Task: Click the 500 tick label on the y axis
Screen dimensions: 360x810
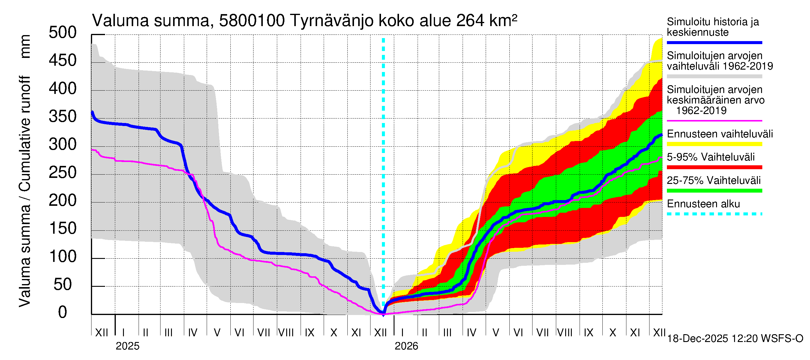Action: (x=63, y=33)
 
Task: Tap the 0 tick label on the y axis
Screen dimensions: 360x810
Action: (x=63, y=313)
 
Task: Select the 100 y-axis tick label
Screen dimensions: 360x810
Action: (x=63, y=256)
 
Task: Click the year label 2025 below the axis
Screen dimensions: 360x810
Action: (x=127, y=346)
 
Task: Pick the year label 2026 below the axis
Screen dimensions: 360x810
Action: (x=406, y=346)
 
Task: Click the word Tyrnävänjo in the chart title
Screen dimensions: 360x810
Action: (x=332, y=21)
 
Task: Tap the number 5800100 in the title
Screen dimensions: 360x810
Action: (x=252, y=21)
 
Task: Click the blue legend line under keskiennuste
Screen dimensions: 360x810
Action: (x=714, y=42)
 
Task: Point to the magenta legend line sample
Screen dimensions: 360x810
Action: (x=714, y=121)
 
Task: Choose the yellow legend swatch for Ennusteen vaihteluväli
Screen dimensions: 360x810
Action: (x=714, y=144)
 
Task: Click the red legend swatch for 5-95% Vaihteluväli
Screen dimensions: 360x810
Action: (x=714, y=167)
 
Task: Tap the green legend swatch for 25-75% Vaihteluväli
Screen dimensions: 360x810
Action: (x=714, y=190)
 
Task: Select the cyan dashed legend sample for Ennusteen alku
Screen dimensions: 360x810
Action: (x=714, y=214)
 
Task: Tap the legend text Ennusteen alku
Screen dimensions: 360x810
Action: (x=703, y=204)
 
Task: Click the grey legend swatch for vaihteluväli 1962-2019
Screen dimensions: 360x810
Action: (x=714, y=76)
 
